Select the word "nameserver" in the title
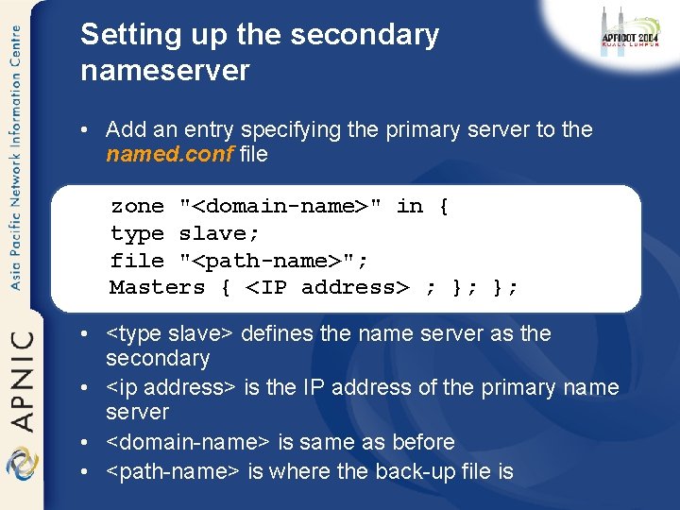[165, 71]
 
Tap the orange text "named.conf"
[170, 154]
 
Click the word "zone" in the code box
[137, 206]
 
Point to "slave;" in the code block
[219, 233]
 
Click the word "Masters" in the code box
[157, 287]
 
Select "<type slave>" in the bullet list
[171, 333]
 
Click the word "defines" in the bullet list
[280, 333]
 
